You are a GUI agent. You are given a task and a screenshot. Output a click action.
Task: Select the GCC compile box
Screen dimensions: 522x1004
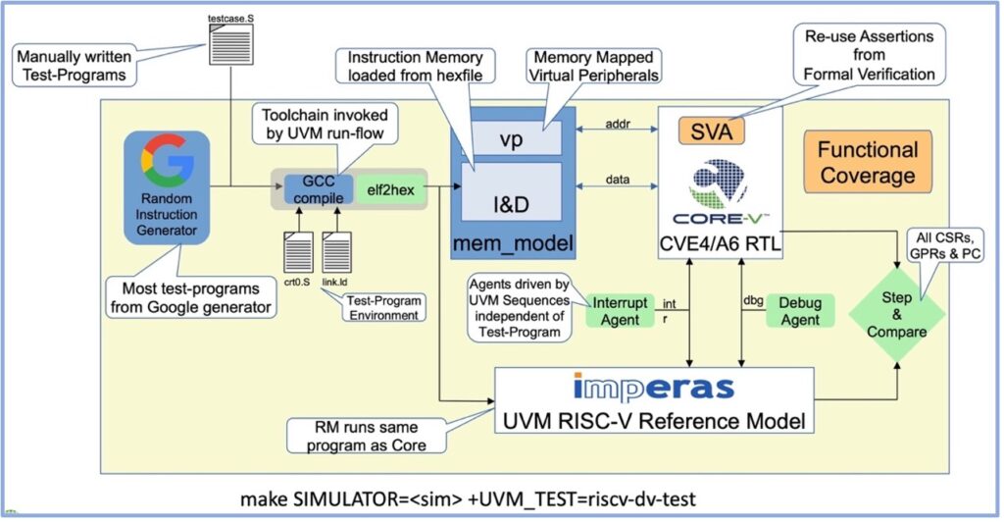[x=305, y=186]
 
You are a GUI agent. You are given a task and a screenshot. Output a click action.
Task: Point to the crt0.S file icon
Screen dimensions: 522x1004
[x=299, y=249]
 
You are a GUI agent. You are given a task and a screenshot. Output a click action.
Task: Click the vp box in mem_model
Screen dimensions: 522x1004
[x=510, y=139]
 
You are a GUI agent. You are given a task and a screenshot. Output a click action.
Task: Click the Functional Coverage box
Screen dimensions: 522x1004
[x=868, y=162]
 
